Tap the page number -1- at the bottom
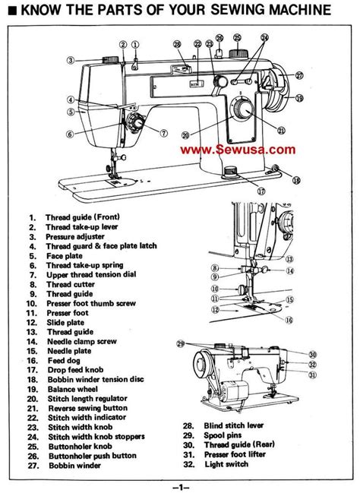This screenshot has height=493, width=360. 180,485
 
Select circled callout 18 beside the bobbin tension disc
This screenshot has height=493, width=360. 296,179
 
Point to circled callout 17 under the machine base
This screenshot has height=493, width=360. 241,191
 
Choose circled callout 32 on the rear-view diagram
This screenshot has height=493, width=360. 312,374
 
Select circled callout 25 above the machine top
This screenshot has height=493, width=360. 237,36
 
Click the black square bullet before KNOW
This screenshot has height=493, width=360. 7,11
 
